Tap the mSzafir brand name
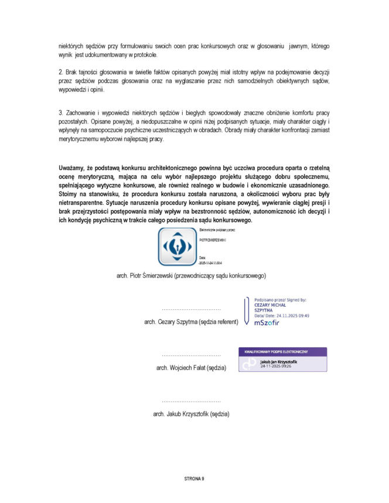click(267, 323)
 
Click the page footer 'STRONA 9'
click(194, 478)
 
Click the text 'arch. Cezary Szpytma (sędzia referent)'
click(191, 322)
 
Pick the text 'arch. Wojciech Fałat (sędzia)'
click(191, 368)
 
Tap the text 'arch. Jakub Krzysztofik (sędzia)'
click(191, 413)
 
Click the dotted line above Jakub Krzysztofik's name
click(191, 402)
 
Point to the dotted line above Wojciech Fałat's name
click(191, 355)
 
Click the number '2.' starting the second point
click(61, 71)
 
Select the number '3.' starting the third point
click(61, 112)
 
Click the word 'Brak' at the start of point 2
click(73, 71)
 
